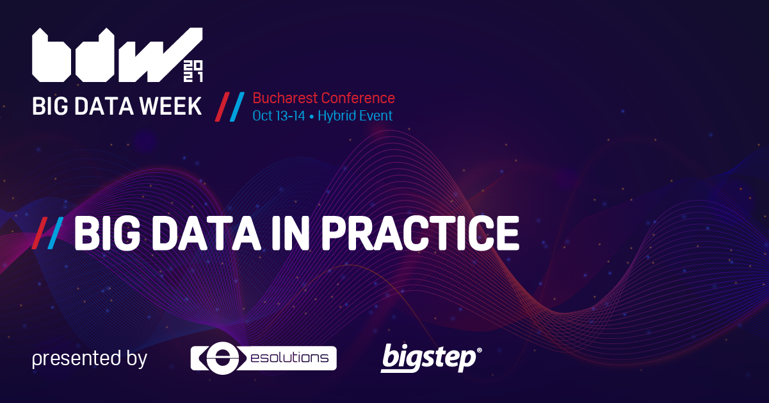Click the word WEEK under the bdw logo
point(170,106)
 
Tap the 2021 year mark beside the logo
point(193,72)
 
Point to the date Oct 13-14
point(279,116)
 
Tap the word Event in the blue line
point(376,116)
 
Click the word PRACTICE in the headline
point(420,233)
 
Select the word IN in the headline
point(291,233)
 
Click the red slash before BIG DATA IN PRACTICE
point(40,233)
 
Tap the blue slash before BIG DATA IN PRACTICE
point(55,233)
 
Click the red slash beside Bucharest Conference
point(222,107)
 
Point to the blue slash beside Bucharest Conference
point(237,107)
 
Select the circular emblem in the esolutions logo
point(222,358)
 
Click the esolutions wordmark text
point(290,358)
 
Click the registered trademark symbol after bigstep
point(479,350)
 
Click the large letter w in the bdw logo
point(161,55)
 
